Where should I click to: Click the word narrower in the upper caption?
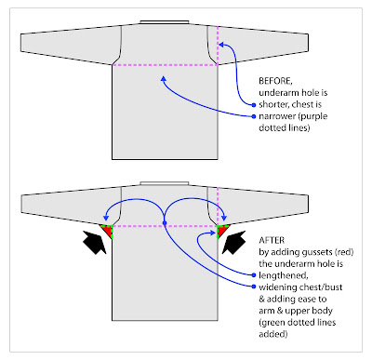point(281,115)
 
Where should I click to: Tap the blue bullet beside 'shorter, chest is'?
point(253,105)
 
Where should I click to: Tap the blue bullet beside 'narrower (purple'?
point(253,116)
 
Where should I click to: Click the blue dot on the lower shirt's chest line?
point(166,222)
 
